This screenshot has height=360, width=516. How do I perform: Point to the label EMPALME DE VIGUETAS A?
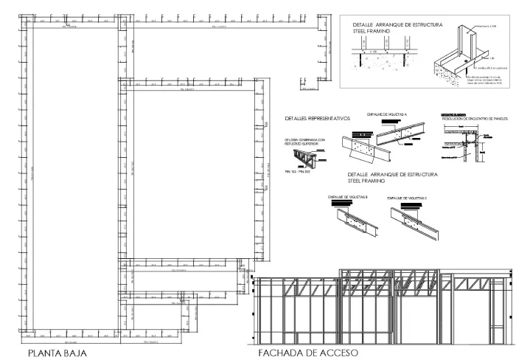(387, 114)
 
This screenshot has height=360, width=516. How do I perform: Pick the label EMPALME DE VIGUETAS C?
(408, 198)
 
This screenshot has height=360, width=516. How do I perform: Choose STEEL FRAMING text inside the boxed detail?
(372, 32)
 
